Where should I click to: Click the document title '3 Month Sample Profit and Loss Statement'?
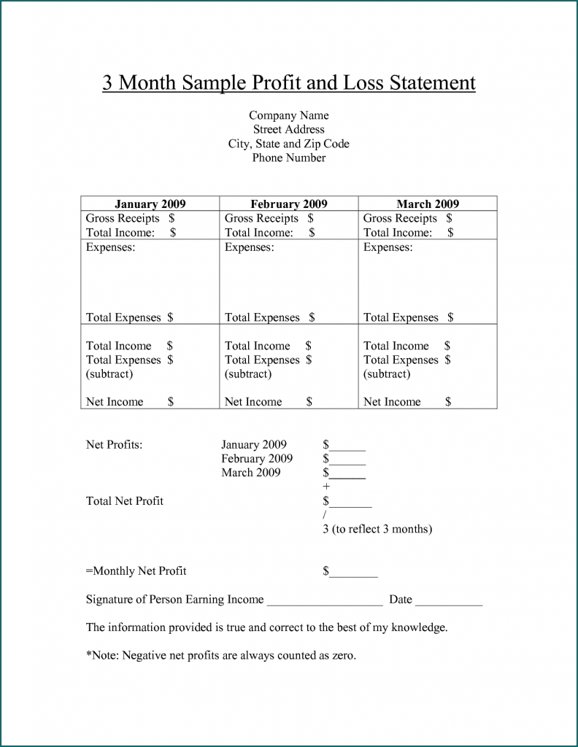(288, 82)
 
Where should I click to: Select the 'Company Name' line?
(288, 115)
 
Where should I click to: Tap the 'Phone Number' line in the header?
(288, 158)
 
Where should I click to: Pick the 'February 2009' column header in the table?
(288, 204)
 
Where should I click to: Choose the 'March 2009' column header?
(428, 204)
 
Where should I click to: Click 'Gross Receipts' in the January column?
(122, 218)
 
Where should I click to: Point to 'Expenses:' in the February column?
(249, 247)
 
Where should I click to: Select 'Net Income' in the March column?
(392, 401)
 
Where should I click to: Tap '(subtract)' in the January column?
(109, 373)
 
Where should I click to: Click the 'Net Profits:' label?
(114, 444)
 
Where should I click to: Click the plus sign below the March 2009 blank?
(326, 487)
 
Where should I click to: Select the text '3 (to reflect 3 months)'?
(377, 529)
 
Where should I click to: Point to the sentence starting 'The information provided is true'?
(266, 627)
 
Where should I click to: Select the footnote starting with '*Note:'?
(220, 655)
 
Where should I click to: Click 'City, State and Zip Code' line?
(288, 144)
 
